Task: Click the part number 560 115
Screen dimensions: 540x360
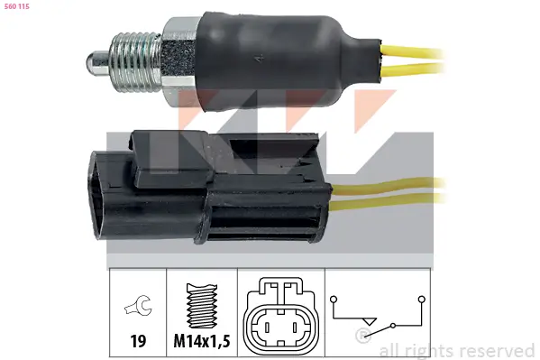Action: (16, 6)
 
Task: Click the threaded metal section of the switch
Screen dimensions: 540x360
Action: (135, 62)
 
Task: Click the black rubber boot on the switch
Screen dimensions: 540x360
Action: (289, 61)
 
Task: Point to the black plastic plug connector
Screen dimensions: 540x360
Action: (209, 187)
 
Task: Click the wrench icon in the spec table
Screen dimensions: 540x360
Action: (138, 305)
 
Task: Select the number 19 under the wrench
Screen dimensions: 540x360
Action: (138, 341)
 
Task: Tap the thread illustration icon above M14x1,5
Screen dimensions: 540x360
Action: (202, 306)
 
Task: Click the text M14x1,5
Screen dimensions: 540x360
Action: (202, 341)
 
